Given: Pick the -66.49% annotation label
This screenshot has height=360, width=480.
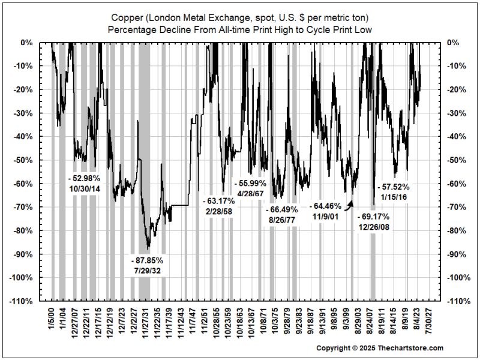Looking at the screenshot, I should pyautogui.click(x=282, y=209).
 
